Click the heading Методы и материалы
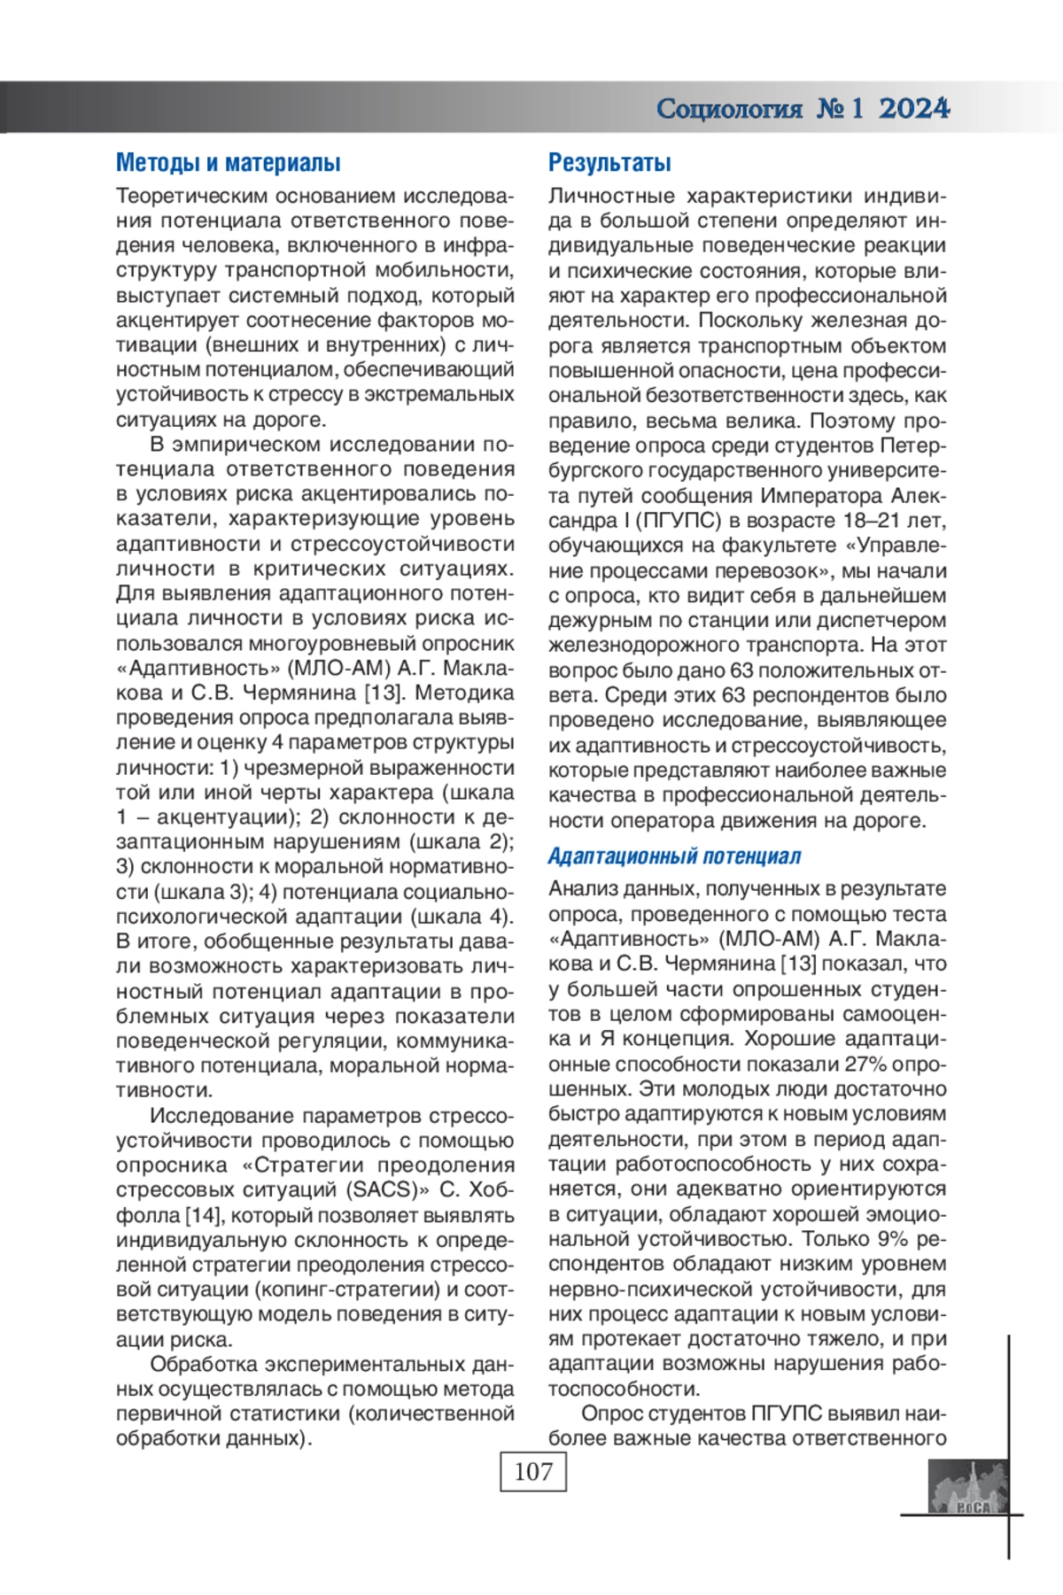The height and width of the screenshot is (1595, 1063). click(228, 163)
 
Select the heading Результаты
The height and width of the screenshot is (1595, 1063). click(609, 163)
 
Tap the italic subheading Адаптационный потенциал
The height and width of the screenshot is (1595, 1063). click(674, 856)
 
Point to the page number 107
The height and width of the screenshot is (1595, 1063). click(532, 1472)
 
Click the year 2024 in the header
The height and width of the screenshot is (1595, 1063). click(914, 109)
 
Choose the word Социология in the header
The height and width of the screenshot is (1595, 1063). click(729, 109)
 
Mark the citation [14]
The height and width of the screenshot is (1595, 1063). click(203, 1215)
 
